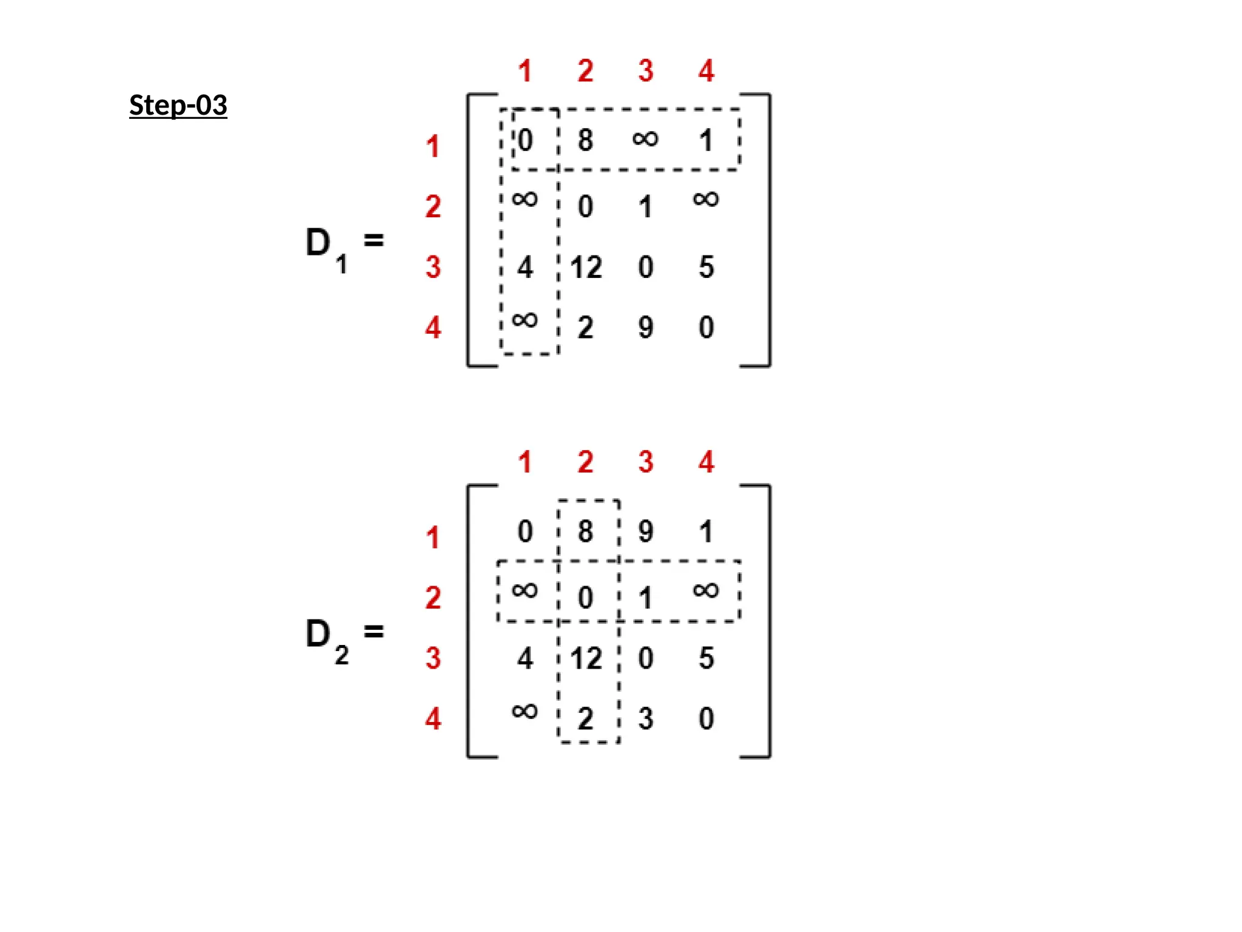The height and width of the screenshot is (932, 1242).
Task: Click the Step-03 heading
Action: click(178, 105)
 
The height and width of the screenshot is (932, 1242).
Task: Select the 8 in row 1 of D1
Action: click(585, 140)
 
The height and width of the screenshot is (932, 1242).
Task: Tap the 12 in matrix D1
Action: click(586, 268)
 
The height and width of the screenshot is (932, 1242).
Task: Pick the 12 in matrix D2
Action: click(586, 659)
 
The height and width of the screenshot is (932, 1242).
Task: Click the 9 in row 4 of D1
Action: click(646, 328)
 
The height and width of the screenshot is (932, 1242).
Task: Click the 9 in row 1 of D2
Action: click(646, 532)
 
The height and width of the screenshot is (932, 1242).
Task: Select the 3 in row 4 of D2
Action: click(646, 719)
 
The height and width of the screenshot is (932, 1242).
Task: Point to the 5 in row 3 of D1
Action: click(707, 267)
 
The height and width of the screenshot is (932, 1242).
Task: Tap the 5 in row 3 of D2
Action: click(707, 658)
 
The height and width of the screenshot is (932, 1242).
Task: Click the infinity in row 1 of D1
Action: click(645, 139)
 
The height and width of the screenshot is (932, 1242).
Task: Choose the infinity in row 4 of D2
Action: click(525, 711)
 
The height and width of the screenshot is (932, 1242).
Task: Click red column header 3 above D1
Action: click(646, 71)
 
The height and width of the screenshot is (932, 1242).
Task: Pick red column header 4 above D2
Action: click(707, 462)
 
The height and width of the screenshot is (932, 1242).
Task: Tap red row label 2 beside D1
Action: click(433, 207)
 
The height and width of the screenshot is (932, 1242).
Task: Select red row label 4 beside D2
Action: click(433, 719)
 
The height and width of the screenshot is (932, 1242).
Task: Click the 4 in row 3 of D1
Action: click(525, 268)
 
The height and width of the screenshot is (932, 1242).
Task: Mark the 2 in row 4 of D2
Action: click(585, 719)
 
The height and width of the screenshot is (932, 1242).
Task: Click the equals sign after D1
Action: click(374, 240)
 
